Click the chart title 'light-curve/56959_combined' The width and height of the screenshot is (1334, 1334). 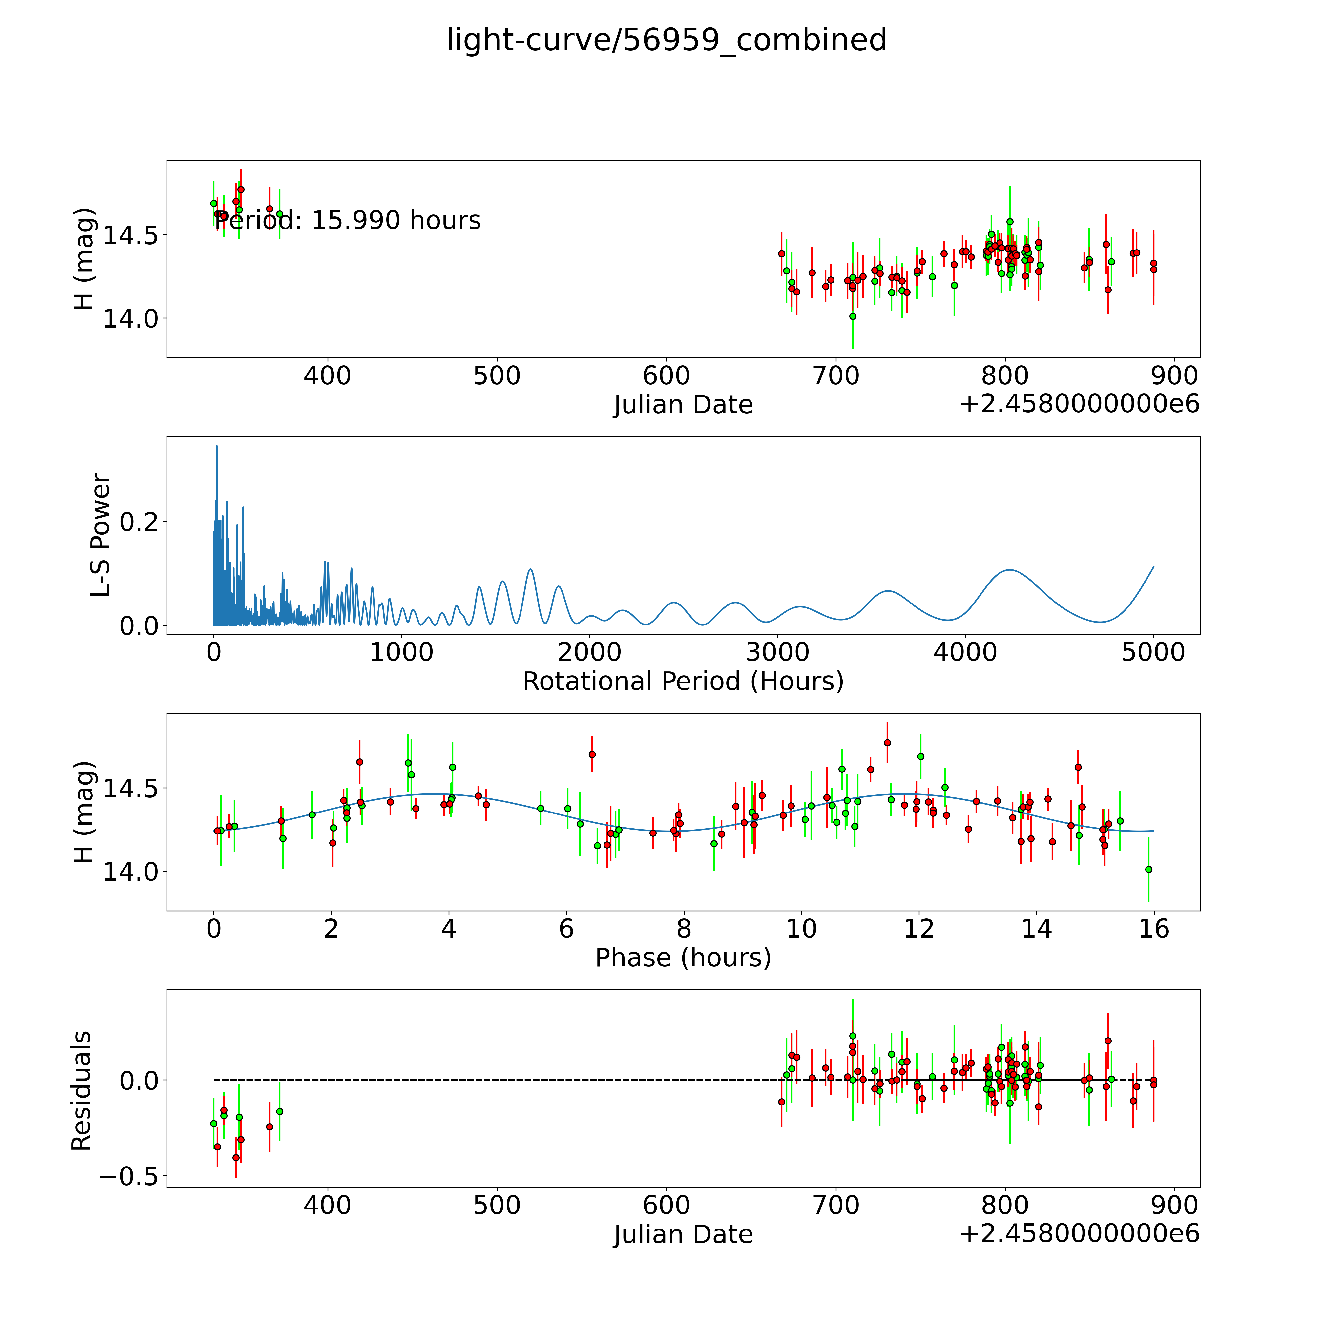(x=666, y=40)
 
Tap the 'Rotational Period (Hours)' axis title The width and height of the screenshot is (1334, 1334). (x=683, y=682)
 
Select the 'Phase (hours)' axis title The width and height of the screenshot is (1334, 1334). (x=683, y=958)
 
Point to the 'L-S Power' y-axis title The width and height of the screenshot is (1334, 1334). (x=101, y=535)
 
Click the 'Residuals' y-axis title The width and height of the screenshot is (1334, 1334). (x=82, y=1091)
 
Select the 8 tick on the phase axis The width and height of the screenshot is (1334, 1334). (x=684, y=929)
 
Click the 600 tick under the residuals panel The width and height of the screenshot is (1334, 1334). (x=666, y=1206)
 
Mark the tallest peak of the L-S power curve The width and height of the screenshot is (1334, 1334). (x=216, y=446)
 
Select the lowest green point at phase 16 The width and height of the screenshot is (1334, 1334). (x=1148, y=869)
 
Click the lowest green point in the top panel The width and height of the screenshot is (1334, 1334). (x=853, y=316)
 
